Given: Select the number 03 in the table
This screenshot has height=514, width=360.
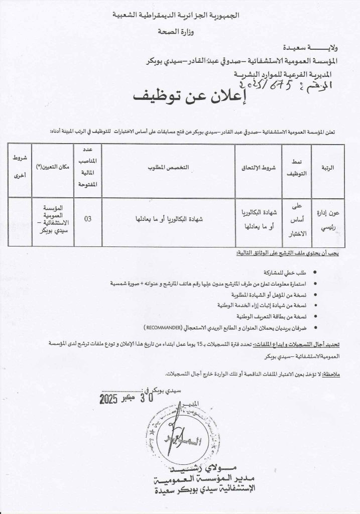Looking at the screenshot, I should (88, 219).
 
